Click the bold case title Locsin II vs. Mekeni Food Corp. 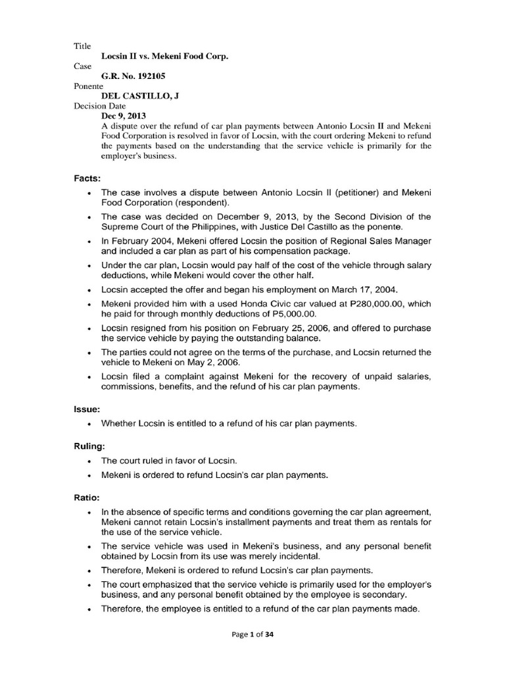(164, 57)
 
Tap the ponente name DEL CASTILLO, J (140, 96)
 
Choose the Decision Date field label (98, 106)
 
